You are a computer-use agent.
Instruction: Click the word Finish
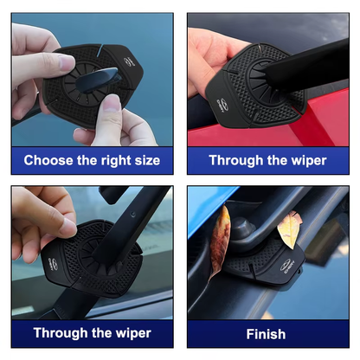[x=266, y=333]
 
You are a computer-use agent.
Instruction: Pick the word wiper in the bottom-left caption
[x=130, y=333]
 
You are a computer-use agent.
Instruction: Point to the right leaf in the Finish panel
[x=290, y=227]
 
